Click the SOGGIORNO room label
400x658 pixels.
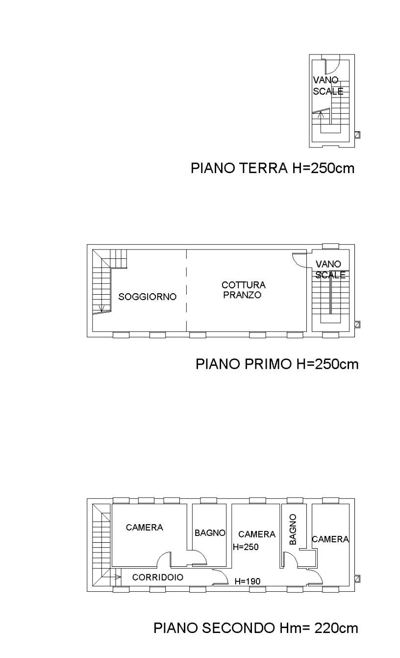pyautogui.click(x=148, y=297)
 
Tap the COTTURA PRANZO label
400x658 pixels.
pyautogui.click(x=244, y=290)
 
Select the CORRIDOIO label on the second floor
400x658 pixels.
pyautogui.click(x=158, y=577)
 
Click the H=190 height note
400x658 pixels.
pyautogui.click(x=248, y=581)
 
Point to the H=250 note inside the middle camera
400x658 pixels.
pyautogui.click(x=246, y=547)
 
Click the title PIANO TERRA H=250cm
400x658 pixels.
pyautogui.click(x=273, y=168)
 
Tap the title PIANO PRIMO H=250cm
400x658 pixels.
pyautogui.click(x=277, y=364)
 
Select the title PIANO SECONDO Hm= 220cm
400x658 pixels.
pyautogui.click(x=256, y=628)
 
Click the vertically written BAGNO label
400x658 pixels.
pyautogui.click(x=293, y=529)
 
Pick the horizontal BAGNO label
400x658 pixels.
pyautogui.click(x=210, y=532)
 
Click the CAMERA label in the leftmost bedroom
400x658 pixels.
pyautogui.click(x=145, y=527)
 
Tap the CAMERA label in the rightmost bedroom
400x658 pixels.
pyautogui.click(x=330, y=539)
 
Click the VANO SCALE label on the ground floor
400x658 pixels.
pyautogui.click(x=328, y=85)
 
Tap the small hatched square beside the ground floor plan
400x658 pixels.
pyautogui.click(x=357, y=135)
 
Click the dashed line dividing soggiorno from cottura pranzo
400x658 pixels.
pyautogui.click(x=187, y=290)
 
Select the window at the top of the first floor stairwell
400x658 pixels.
pyautogui.click(x=330, y=247)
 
